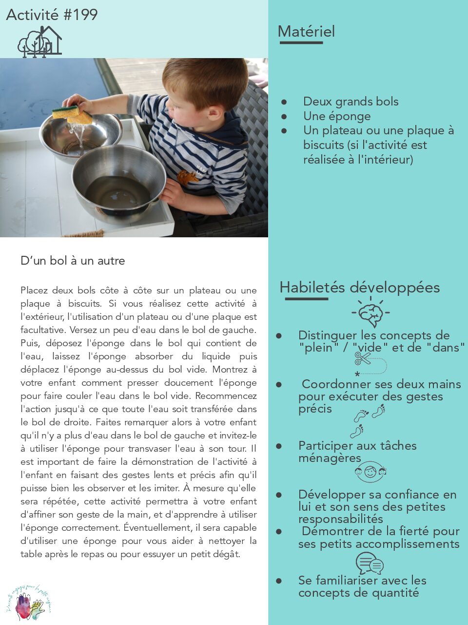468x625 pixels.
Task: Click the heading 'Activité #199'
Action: point(52,15)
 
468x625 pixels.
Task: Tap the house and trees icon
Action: point(40,42)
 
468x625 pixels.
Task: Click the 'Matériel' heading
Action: point(306,32)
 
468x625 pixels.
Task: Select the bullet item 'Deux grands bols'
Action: point(351,102)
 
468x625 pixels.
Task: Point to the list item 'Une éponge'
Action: point(336,116)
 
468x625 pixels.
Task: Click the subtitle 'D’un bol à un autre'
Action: point(73,261)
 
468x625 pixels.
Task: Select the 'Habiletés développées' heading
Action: point(359,287)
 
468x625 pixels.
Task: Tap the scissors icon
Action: point(363,359)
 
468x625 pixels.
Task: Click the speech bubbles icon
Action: point(369,563)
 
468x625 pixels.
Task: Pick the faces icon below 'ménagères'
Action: point(370,472)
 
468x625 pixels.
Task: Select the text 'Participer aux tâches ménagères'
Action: point(357,452)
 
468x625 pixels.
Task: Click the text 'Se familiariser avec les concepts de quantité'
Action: point(362,586)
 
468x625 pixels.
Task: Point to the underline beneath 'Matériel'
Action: point(301,43)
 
